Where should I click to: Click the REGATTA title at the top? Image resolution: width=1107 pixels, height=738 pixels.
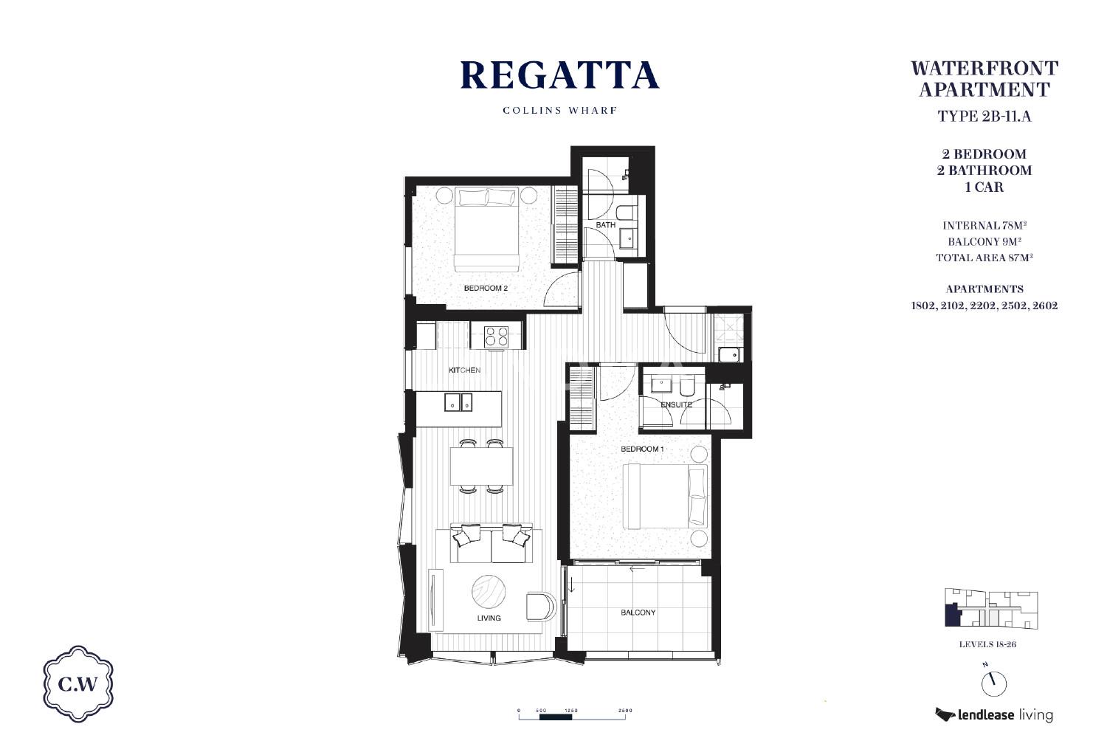tap(559, 75)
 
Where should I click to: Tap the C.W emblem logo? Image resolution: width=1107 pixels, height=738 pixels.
tap(78, 683)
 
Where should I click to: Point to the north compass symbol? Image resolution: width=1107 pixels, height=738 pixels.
tap(993, 683)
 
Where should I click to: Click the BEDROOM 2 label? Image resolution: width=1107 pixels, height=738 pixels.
tap(486, 288)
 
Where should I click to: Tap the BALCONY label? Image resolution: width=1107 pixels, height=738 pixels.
tap(638, 613)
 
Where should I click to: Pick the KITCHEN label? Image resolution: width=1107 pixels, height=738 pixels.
tap(464, 370)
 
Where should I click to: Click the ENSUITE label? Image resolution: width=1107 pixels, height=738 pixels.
tap(676, 405)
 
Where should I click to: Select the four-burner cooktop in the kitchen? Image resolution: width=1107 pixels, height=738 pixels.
tap(497, 337)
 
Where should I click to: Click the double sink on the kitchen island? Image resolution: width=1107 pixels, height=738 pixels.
tap(458, 402)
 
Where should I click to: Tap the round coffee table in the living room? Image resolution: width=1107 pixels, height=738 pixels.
tap(489, 591)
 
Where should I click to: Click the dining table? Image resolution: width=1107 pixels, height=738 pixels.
tap(481, 466)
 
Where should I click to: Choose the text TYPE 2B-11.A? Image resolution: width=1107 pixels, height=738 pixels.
tap(984, 116)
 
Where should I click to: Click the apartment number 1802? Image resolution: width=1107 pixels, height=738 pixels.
tap(924, 306)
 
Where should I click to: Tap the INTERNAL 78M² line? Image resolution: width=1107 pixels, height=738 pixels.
tap(984, 225)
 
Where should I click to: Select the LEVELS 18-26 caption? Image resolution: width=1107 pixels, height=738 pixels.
tap(987, 644)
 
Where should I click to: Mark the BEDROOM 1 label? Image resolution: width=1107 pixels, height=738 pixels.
tap(642, 449)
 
